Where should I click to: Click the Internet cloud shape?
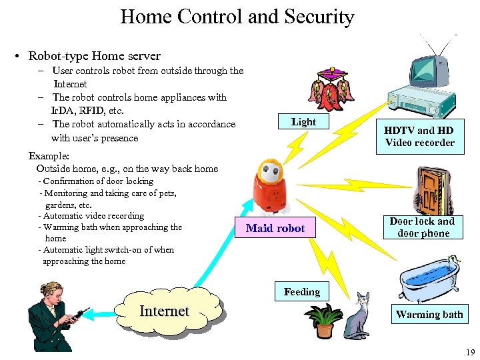167,311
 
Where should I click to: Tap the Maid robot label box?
275,228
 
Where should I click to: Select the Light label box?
303,122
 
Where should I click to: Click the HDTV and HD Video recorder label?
419,137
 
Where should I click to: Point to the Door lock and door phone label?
423,227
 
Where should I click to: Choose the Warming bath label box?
429,315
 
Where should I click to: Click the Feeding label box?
301,292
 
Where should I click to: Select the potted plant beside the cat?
324,319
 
